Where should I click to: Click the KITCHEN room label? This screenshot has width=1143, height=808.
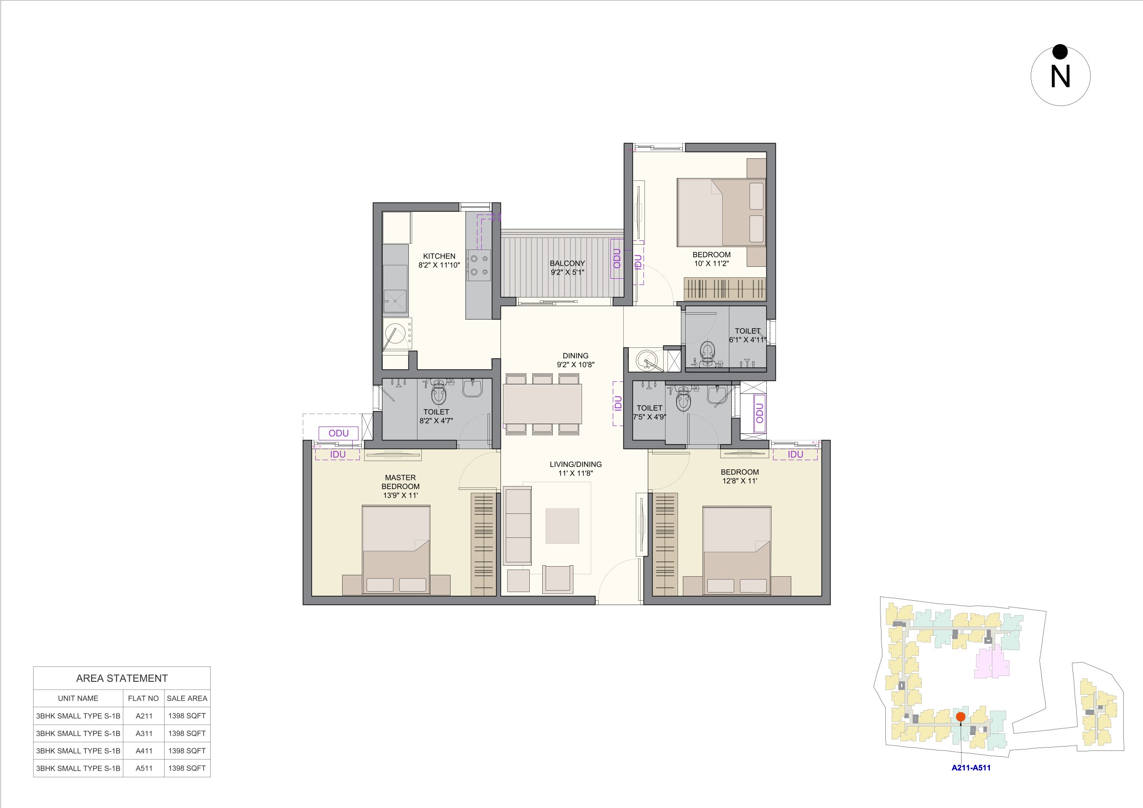[x=439, y=256]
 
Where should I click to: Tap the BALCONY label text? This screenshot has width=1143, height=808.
[x=567, y=263]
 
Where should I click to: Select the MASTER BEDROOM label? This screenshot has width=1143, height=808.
[x=400, y=482]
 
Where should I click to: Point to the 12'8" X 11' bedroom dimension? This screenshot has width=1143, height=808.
[x=740, y=481]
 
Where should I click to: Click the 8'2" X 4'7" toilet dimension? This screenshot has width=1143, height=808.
[x=436, y=421]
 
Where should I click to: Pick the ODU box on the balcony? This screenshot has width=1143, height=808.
[x=617, y=259]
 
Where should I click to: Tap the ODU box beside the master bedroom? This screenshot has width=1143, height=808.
[x=338, y=433]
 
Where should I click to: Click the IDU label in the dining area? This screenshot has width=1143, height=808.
[x=618, y=403]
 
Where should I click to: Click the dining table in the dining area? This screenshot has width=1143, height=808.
[x=542, y=403]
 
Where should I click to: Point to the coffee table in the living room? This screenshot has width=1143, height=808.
[x=562, y=526]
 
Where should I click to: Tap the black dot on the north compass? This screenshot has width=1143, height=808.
[x=1060, y=52]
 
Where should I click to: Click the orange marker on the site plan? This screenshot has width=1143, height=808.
[x=960, y=717]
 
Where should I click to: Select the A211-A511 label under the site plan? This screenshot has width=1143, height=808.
[x=971, y=768]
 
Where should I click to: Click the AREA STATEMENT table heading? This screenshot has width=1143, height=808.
[x=122, y=678]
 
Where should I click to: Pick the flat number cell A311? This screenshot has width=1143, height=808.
[x=144, y=733]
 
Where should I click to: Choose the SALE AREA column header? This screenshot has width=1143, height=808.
[x=187, y=699]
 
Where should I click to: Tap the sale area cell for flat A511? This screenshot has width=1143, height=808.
[x=187, y=768]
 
